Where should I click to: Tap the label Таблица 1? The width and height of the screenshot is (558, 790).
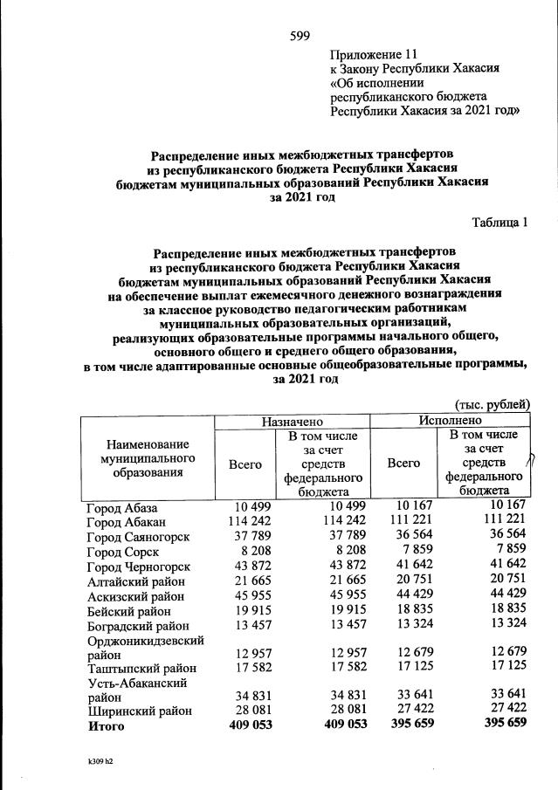(x=499, y=222)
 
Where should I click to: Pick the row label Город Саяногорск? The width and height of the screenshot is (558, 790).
(x=137, y=536)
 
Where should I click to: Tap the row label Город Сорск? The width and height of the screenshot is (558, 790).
(x=122, y=551)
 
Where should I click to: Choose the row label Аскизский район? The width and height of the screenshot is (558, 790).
(x=135, y=596)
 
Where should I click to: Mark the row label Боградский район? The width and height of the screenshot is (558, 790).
(x=139, y=626)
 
